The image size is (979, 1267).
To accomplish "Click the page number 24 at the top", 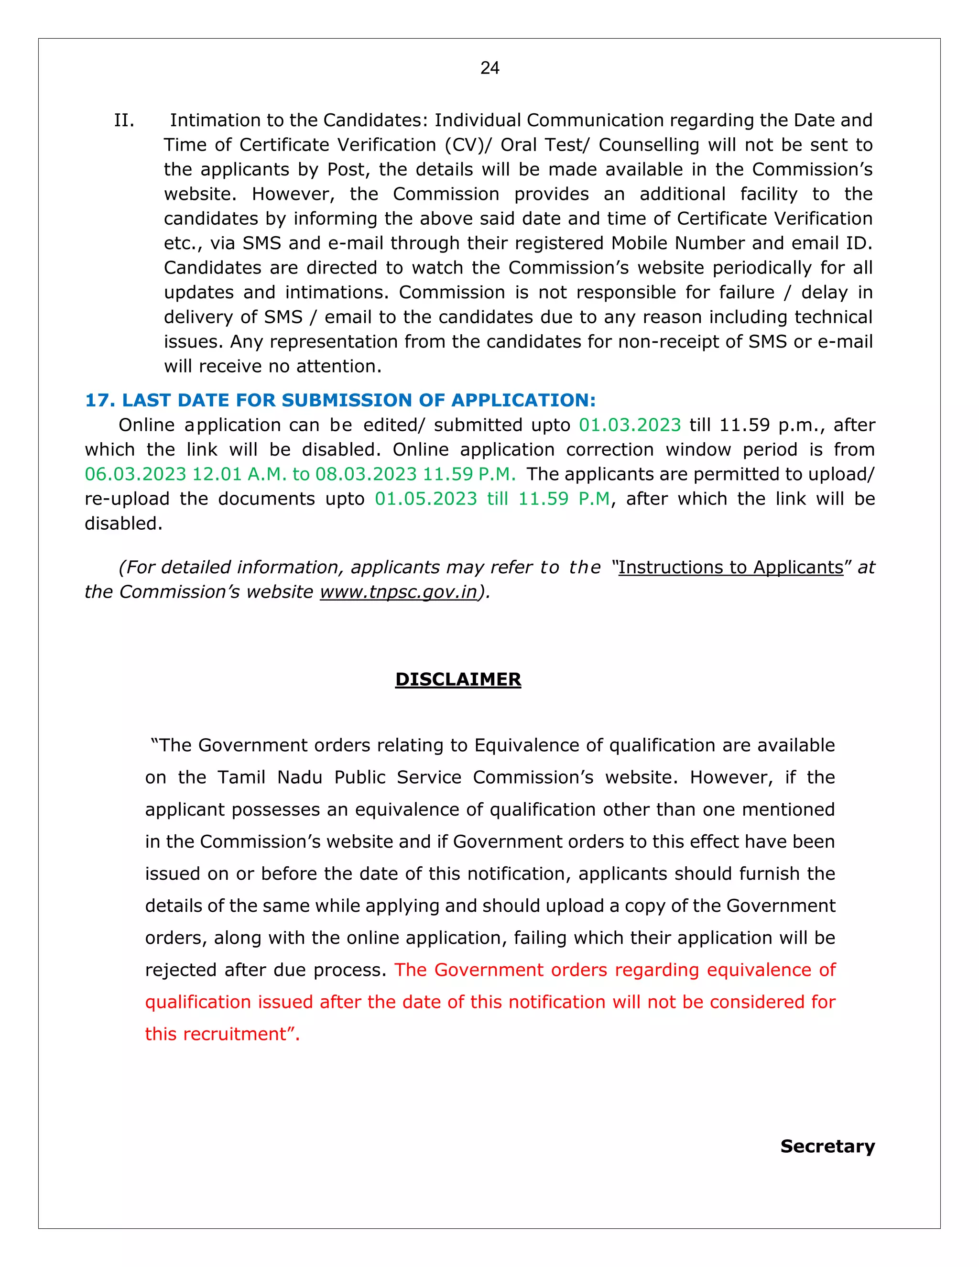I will (489, 68).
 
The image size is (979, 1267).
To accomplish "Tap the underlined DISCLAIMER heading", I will (457, 679).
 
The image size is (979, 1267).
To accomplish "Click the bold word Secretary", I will (827, 1147).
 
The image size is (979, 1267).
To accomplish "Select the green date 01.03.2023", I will (630, 425).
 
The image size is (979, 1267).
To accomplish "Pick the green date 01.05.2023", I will (426, 499).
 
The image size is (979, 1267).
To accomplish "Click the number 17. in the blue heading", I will (100, 400).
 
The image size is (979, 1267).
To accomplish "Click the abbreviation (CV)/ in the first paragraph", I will (468, 145).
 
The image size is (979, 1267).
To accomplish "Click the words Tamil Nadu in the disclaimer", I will (270, 777).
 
